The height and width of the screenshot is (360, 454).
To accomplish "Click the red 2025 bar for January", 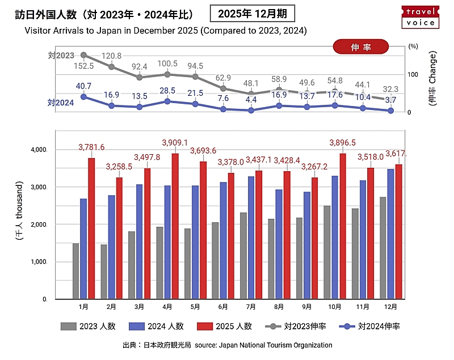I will [91, 228].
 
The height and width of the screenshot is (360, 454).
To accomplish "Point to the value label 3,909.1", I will [175, 142].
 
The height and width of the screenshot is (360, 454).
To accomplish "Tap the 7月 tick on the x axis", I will [251, 306].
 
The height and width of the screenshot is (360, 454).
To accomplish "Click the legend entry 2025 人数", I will [225, 326].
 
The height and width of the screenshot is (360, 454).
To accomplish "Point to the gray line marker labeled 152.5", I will [83, 55].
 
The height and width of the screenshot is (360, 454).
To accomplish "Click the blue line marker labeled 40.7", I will [83, 96].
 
